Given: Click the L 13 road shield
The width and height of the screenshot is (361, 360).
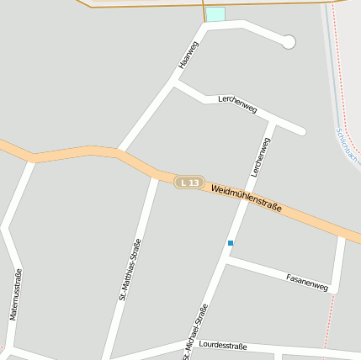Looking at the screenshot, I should click(190, 183).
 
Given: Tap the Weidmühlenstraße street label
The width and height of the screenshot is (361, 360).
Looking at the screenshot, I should click(246, 199).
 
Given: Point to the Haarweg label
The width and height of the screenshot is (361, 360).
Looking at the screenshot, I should click(188, 55).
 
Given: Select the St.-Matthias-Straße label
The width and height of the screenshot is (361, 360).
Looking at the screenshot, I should click(130, 270).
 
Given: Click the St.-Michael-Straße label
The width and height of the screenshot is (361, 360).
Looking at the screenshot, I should click(195, 331).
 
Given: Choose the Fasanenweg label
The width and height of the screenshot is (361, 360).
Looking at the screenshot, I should click(306, 282).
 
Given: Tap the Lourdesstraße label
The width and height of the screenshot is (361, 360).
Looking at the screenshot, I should click(223, 346).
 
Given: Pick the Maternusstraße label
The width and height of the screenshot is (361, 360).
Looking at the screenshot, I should click(15, 294).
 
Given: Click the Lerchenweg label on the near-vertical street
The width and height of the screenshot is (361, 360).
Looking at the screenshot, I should click(260, 156).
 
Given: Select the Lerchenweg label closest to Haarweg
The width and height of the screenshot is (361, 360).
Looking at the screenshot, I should click(237, 103).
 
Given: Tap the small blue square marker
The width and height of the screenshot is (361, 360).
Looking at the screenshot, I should click(231, 243).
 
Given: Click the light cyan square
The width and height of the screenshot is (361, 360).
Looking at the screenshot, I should click(216, 14).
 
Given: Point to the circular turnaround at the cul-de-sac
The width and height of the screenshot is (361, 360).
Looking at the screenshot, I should click(289, 41).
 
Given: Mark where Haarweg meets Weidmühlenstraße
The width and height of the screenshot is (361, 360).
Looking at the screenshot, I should click(120, 152).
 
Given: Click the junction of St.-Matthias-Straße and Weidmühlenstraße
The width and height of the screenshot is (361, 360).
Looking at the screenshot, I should click(156, 172).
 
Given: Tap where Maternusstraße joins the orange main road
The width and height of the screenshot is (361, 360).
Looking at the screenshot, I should click(34, 157).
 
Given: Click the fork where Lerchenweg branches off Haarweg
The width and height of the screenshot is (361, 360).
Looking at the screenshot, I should click(175, 82).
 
